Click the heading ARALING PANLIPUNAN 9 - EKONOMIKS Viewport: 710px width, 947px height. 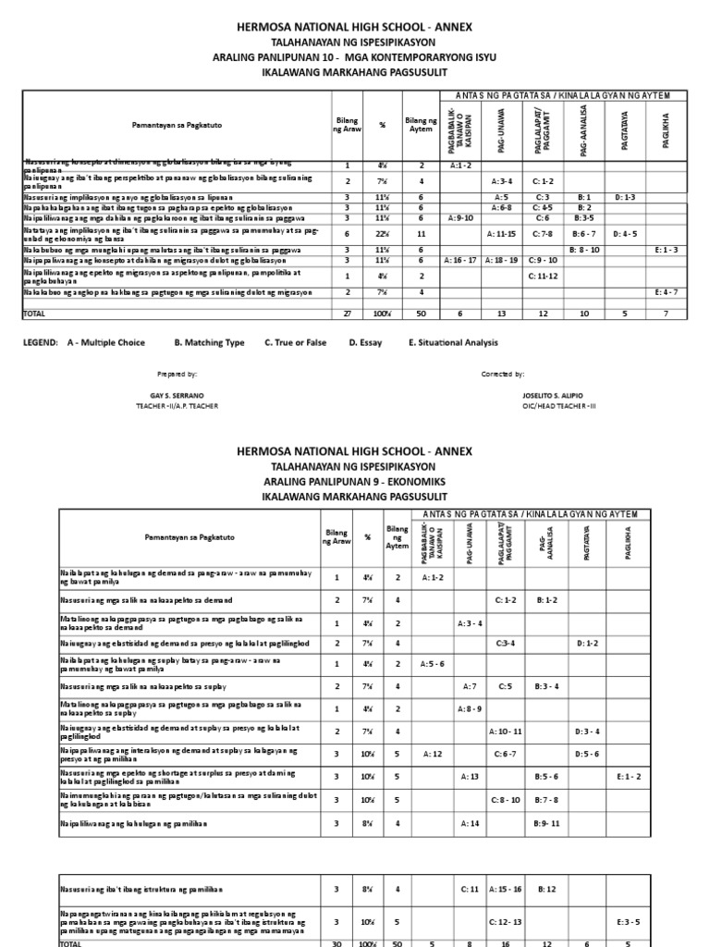(x=354, y=481)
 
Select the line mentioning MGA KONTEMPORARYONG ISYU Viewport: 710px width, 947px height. (x=354, y=57)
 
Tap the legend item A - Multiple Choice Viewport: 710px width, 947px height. (x=106, y=342)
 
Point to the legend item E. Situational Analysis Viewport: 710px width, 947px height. (x=452, y=342)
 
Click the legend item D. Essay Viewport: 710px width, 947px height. (x=366, y=342)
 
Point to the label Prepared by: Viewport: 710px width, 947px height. (x=178, y=375)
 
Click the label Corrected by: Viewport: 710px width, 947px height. (x=503, y=375)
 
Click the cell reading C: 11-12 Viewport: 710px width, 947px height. (x=545, y=276)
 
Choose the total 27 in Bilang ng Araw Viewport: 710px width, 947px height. (x=348, y=314)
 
